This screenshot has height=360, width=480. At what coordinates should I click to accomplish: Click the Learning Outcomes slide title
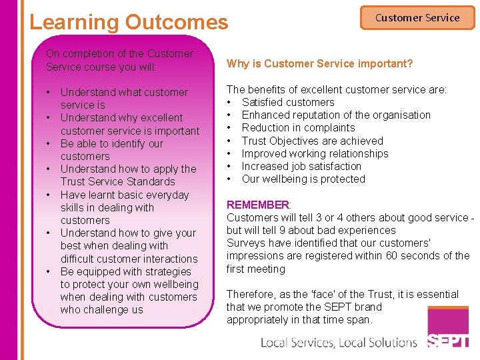[129, 22]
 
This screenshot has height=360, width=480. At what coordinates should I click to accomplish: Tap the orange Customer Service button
[417, 18]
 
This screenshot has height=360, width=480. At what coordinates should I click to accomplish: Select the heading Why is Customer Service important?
[319, 64]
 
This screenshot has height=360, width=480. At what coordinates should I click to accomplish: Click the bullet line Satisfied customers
[288, 102]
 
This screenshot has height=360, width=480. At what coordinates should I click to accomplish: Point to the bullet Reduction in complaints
[298, 127]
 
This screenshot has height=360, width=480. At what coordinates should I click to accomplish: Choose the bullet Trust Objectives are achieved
[312, 141]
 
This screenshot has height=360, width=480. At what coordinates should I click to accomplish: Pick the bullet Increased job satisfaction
[301, 166]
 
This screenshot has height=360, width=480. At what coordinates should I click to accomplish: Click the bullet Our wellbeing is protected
[303, 179]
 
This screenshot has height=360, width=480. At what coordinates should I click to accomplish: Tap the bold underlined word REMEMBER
[258, 205]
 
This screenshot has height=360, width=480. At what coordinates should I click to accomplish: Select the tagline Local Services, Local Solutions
[339, 343]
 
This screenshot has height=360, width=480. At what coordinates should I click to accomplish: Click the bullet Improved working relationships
[315, 153]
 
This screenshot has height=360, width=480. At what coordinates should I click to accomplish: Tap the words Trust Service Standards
[117, 181]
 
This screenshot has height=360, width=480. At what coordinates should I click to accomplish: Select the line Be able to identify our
[111, 143]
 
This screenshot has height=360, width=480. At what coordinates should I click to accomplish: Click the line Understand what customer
[124, 92]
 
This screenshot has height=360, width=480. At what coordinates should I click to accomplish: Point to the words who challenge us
[101, 309]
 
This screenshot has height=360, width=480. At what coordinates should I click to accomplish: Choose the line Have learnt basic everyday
[125, 195]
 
